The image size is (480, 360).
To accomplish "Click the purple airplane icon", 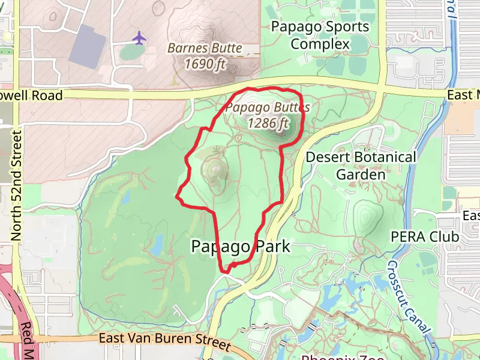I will click(139, 38).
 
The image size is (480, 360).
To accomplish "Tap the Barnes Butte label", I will click(205, 48).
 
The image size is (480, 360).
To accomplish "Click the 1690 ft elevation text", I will click(205, 63).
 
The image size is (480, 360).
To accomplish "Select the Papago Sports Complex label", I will click(319, 35).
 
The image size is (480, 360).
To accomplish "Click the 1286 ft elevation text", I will click(268, 123).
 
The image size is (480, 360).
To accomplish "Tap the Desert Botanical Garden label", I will click(361, 166).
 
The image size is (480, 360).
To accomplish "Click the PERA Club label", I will click(425, 236).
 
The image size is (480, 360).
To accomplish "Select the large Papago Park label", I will click(241, 246).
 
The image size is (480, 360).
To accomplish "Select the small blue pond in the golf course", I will click(157, 245).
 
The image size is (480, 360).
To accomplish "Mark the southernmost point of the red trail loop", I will click(226, 272).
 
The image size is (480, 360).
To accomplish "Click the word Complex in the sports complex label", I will click(320, 44).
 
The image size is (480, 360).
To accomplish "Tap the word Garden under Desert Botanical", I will click(361, 175).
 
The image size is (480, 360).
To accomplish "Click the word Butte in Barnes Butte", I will click(226, 48).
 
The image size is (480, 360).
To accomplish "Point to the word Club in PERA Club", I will click(444, 236).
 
